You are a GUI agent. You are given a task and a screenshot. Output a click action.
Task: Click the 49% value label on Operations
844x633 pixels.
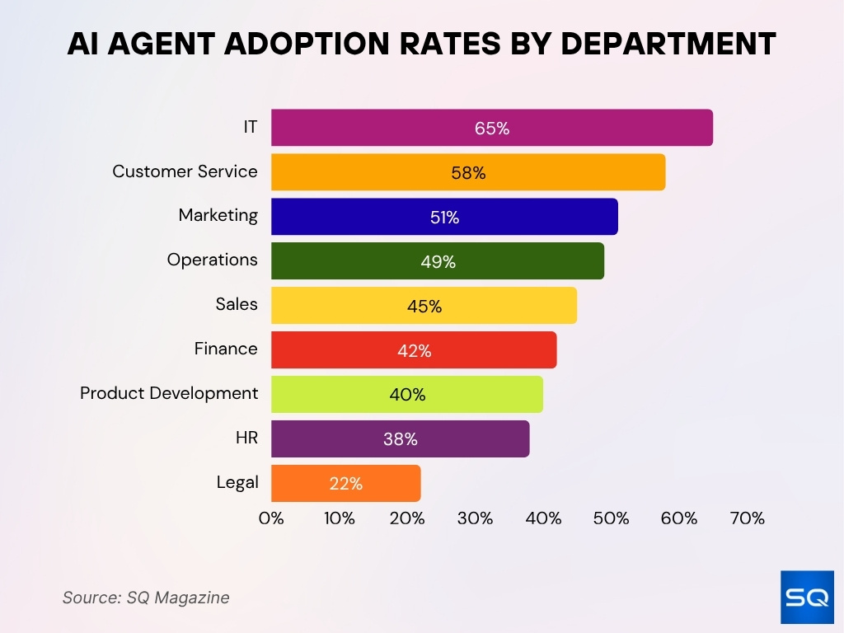click(438, 262)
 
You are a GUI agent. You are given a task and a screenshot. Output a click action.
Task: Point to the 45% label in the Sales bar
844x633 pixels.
click(424, 307)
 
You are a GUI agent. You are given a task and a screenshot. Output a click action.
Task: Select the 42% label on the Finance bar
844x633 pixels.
click(414, 351)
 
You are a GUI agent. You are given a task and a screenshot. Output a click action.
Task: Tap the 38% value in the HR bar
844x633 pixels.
click(401, 440)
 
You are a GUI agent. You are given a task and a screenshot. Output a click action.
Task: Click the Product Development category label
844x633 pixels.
click(169, 393)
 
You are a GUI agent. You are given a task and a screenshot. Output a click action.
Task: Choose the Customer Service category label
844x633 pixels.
click(185, 171)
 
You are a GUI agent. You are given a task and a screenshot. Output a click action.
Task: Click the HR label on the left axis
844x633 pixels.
click(246, 438)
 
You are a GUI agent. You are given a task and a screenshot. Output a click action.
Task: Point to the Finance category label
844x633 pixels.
click(226, 349)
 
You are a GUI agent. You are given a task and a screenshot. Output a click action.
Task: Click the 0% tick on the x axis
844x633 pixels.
click(271, 518)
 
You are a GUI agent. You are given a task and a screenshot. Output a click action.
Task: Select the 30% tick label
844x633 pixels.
click(475, 518)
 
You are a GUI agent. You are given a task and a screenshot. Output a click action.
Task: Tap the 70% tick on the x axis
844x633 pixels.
click(747, 518)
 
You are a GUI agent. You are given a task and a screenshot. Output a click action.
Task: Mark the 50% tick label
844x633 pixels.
click(611, 518)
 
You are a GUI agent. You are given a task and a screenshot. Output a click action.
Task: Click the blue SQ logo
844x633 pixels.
click(807, 597)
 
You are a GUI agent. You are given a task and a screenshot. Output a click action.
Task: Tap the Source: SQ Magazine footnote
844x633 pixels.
click(146, 598)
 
